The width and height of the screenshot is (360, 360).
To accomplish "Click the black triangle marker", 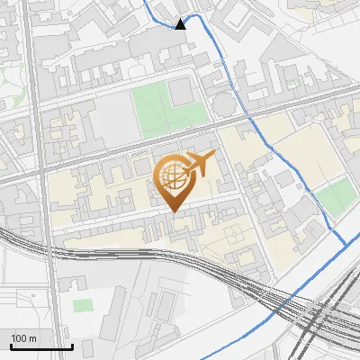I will tap(181, 24).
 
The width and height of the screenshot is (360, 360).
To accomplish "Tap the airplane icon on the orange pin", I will tap(199, 164).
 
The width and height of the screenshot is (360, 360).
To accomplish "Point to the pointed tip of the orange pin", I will tap(173, 211).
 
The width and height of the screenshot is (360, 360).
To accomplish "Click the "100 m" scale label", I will tap(25, 338).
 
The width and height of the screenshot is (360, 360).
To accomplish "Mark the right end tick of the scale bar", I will tap(72, 345).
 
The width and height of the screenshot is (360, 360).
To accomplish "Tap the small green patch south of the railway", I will tap(83, 306).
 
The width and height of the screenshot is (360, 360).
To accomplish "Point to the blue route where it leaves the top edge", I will tap(148, 2).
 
